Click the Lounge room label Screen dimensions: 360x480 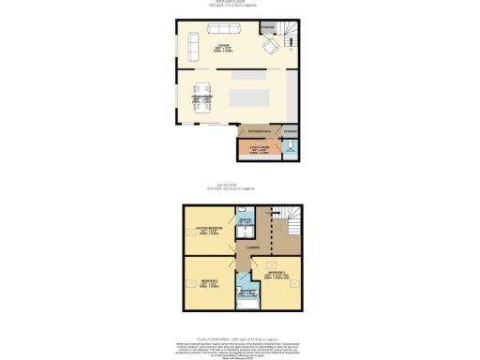point(224,46)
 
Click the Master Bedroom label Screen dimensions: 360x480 point(209,229)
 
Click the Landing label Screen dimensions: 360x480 point(253,247)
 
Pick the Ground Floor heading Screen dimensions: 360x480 point(239,2)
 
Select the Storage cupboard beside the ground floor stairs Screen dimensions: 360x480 point(267,28)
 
